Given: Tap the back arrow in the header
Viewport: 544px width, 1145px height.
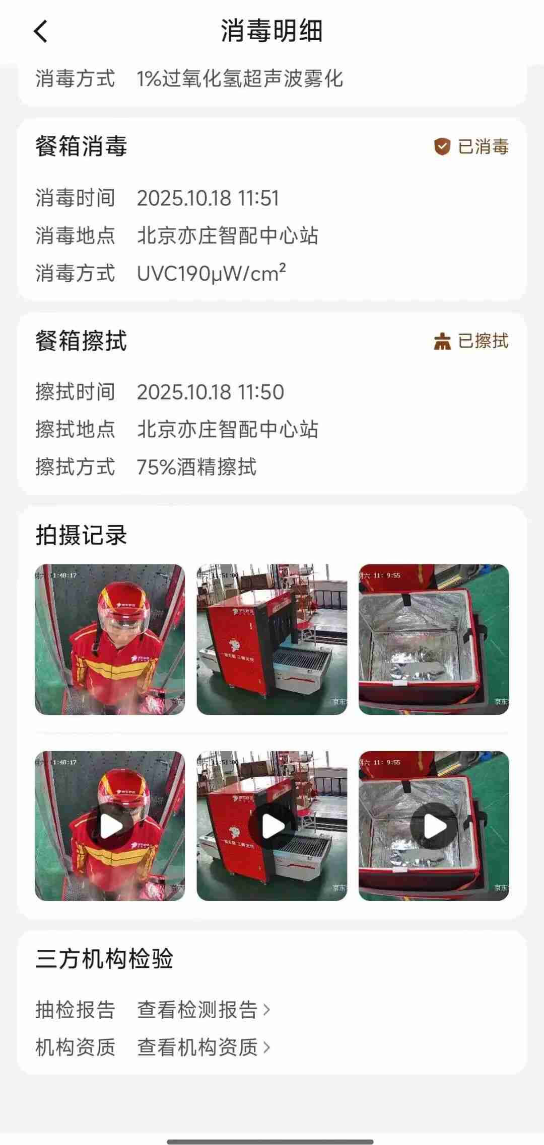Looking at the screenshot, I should click(x=41, y=31).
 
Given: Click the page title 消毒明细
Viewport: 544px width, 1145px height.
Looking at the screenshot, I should click(x=271, y=31).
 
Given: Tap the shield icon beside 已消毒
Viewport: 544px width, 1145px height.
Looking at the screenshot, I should click(x=442, y=147).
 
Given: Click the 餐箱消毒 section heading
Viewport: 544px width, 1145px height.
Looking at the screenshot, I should click(x=81, y=147).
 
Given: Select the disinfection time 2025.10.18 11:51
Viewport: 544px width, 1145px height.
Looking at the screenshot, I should click(x=208, y=198).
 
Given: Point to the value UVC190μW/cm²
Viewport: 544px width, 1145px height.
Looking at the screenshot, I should click(x=212, y=273).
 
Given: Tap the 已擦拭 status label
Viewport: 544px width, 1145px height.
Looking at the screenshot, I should click(x=483, y=341).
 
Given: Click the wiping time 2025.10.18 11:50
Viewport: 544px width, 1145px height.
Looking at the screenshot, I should click(x=211, y=392).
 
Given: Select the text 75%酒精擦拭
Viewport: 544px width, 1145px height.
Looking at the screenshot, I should click(x=197, y=467).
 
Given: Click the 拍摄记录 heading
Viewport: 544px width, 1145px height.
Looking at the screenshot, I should click(x=81, y=535).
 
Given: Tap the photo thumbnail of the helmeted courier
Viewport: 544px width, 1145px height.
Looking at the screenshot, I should click(x=110, y=639).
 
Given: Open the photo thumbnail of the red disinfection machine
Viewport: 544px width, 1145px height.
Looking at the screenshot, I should click(x=272, y=639).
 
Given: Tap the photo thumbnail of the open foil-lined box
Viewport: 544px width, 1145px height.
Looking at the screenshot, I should click(x=434, y=639).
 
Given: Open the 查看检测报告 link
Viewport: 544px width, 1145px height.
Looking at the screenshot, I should click(x=203, y=1010).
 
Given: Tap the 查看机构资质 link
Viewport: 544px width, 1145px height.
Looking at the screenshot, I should click(x=203, y=1047).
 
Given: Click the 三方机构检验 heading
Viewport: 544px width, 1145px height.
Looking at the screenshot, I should click(x=104, y=959).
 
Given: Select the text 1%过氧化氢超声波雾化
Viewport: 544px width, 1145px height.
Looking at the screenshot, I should click(x=240, y=79).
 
